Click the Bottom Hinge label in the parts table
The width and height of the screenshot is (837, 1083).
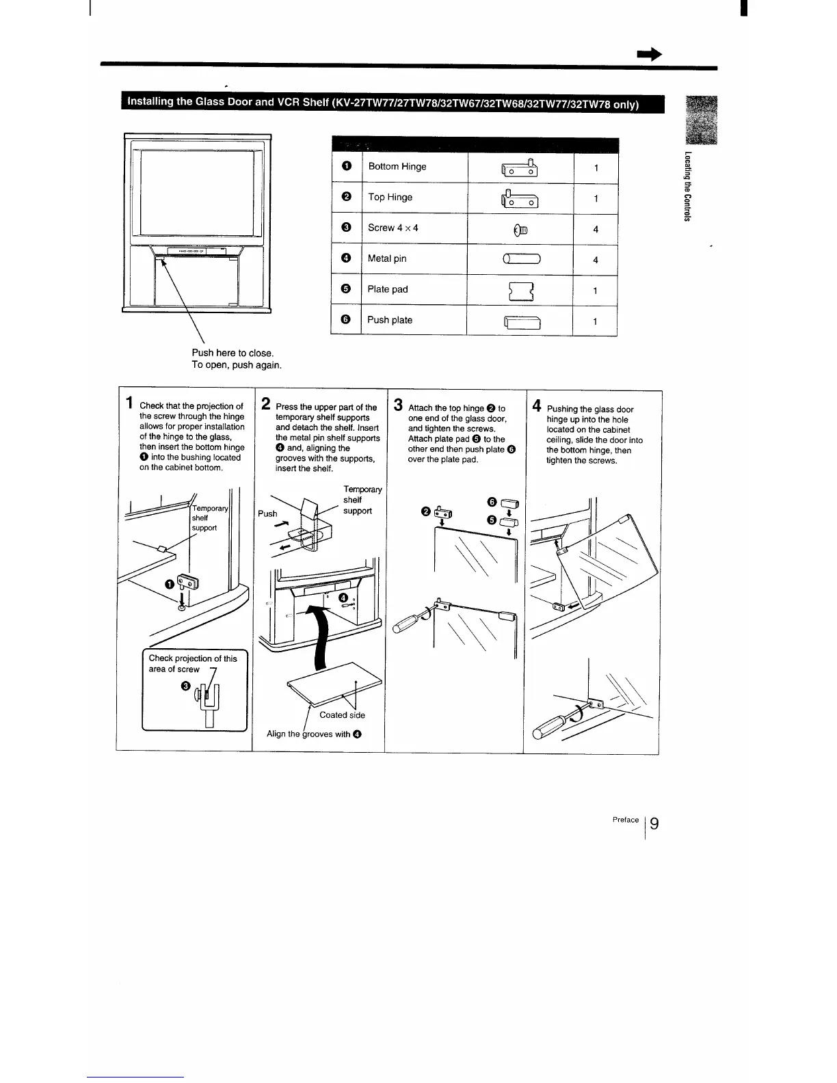397,166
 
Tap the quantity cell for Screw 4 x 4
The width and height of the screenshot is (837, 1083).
596,229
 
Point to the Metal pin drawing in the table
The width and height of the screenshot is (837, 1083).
522,258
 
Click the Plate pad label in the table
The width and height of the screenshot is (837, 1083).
387,289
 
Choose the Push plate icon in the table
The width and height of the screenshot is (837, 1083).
522,321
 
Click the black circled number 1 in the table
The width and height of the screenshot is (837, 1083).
347,166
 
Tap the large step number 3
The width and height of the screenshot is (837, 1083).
399,404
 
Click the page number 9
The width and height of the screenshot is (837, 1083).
654,823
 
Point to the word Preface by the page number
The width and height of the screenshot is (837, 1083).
626,819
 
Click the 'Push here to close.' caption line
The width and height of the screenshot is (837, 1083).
232,353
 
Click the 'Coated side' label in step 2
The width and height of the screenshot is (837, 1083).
342,715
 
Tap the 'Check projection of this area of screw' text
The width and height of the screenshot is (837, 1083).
192,664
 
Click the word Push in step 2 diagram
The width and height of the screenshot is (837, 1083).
267,513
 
